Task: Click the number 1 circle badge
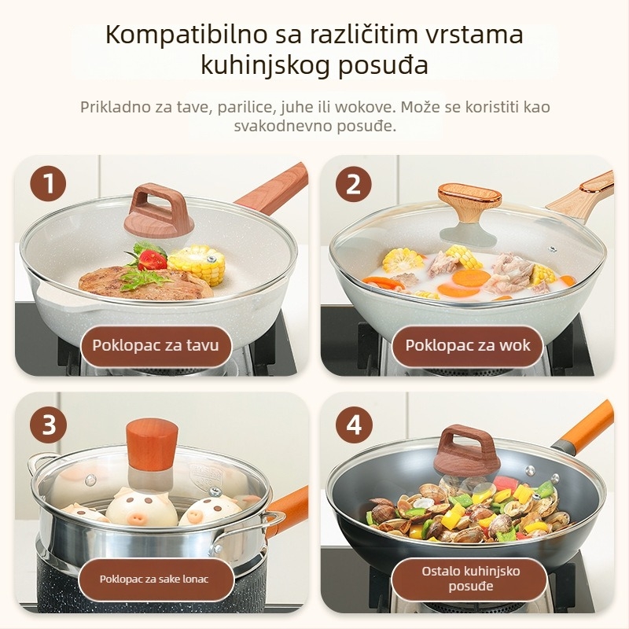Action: click(x=49, y=186)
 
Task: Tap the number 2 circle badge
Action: click(x=353, y=186)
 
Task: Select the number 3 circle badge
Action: click(x=49, y=425)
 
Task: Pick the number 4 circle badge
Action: click(x=353, y=425)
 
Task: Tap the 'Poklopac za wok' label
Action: click(x=467, y=344)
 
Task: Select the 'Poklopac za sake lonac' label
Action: click(x=154, y=579)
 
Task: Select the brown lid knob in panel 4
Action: click(x=467, y=448)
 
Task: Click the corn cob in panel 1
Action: click(x=197, y=263)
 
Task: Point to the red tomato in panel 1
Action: click(x=151, y=258)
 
